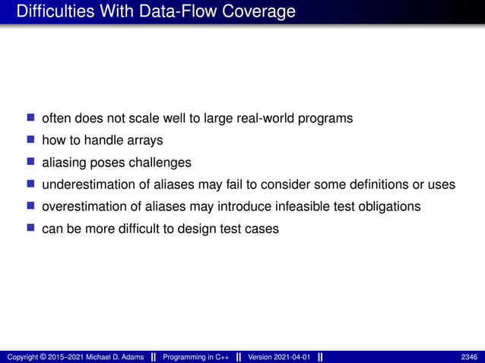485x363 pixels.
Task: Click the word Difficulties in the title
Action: [x=49, y=12]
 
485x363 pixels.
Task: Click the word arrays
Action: [x=146, y=140]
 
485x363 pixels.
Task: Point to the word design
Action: [x=178, y=229]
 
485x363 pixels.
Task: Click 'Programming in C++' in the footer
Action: [x=196, y=357]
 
